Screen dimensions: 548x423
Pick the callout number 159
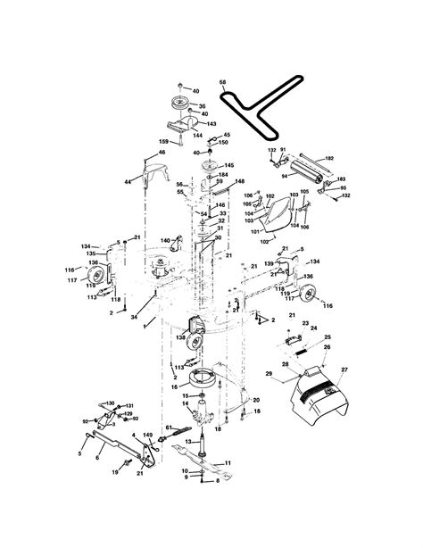(x=163, y=142)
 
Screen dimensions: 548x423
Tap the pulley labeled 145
(x=211, y=165)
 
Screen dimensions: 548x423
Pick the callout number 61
(x=167, y=428)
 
